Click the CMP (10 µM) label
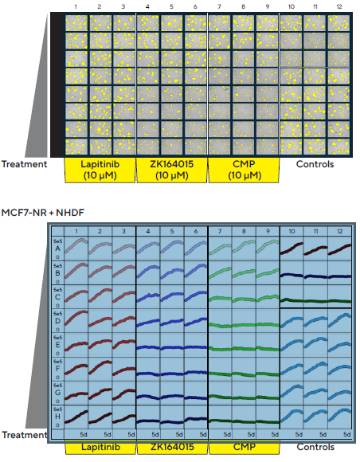[244, 170]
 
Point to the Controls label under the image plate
[315, 165]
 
